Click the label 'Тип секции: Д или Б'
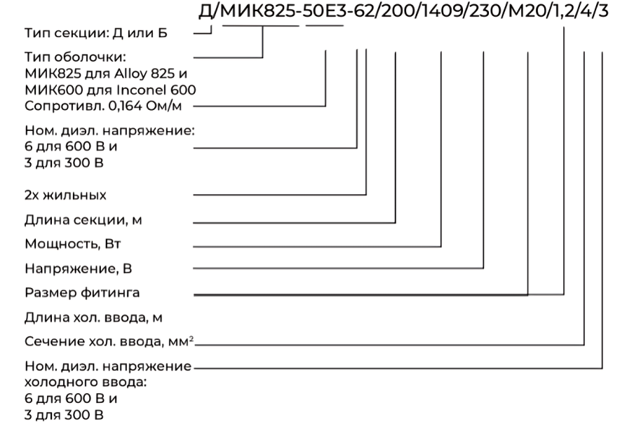point(96,33)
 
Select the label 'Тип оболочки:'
point(75,57)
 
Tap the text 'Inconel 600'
point(156,90)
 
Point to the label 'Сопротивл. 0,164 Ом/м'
point(103,106)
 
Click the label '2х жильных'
point(66,195)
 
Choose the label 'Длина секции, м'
point(83,220)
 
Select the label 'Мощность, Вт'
point(73,244)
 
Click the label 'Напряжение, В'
point(79,268)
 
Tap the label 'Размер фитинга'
point(82,293)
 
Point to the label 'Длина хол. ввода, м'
point(93,317)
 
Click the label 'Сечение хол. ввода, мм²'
point(109,341)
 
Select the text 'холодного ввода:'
point(86,383)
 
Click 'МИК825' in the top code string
point(258,11)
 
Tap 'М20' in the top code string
point(527,11)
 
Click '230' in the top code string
point(484,11)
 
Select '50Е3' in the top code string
point(323,11)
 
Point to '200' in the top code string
point(396,11)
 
